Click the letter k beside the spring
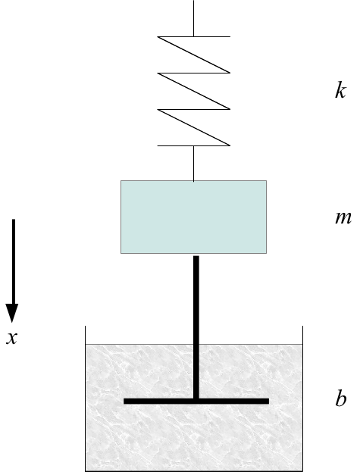pyautogui.click(x=340, y=91)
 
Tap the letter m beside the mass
pyautogui.click(x=343, y=218)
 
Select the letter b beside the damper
pyautogui.click(x=341, y=399)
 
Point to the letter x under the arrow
pyautogui.click(x=11, y=338)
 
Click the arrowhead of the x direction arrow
pyautogui.click(x=12, y=313)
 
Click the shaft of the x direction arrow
pyautogui.click(x=13, y=261)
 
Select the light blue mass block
pyautogui.click(x=193, y=217)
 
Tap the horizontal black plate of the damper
pyautogui.click(x=196, y=401)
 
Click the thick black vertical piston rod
pyautogui.click(x=196, y=327)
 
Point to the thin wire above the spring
pyautogui.click(x=193, y=18)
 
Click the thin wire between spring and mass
pyautogui.click(x=193, y=164)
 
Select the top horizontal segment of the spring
pyautogui.click(x=194, y=36)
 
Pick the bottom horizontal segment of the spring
pyautogui.click(x=194, y=145)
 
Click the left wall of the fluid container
pyautogui.click(x=85, y=399)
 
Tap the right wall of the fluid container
pyautogui.click(x=302, y=399)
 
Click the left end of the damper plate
pyautogui.click(x=124, y=401)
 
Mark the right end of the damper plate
pyautogui.click(x=269, y=401)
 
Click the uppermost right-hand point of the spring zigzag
pyautogui.click(x=230, y=73)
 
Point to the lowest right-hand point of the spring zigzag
pyautogui.click(x=230, y=145)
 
